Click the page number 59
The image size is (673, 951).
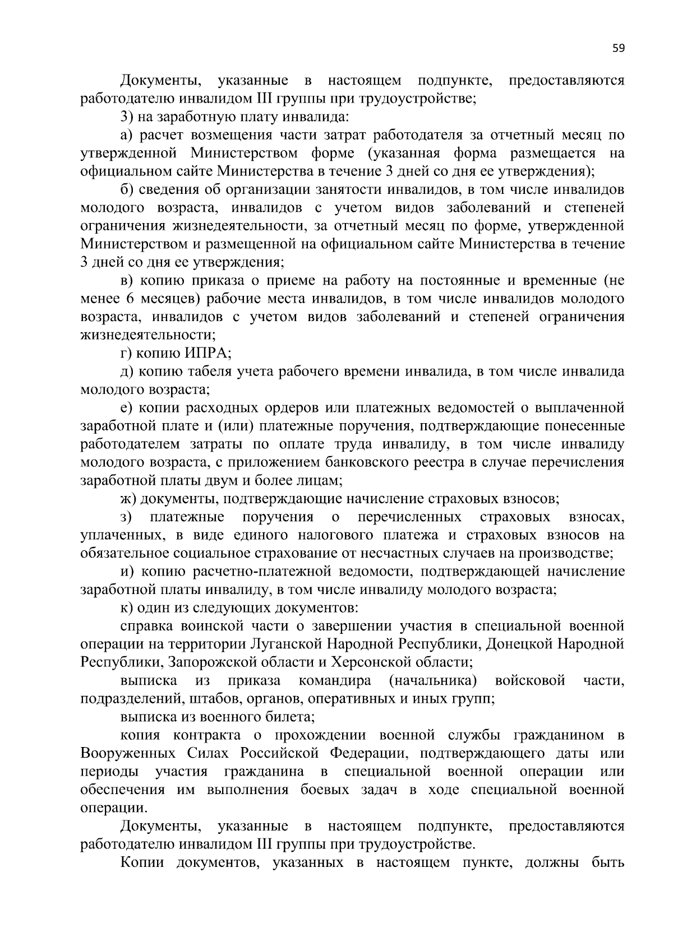(x=618, y=48)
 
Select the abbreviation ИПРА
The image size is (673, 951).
(x=207, y=354)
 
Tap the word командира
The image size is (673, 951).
(x=335, y=681)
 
